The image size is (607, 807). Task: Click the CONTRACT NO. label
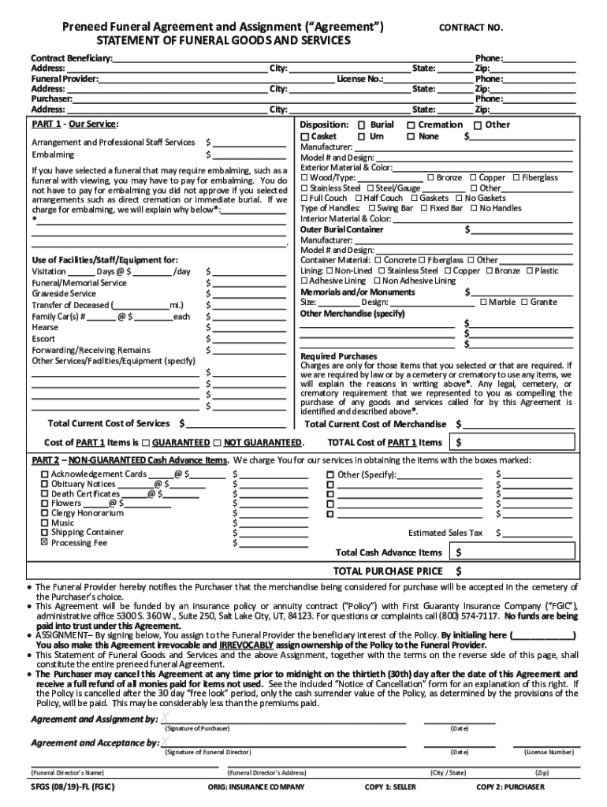tap(471, 28)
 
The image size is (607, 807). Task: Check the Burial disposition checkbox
tap(362, 125)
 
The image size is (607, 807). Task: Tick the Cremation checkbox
tap(411, 125)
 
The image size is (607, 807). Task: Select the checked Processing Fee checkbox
tap(44, 542)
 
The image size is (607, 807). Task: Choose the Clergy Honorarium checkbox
tap(44, 513)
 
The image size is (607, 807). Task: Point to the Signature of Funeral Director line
tap(284, 744)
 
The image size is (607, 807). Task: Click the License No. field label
tap(360, 80)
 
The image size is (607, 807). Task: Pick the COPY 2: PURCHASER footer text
tap(510, 787)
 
